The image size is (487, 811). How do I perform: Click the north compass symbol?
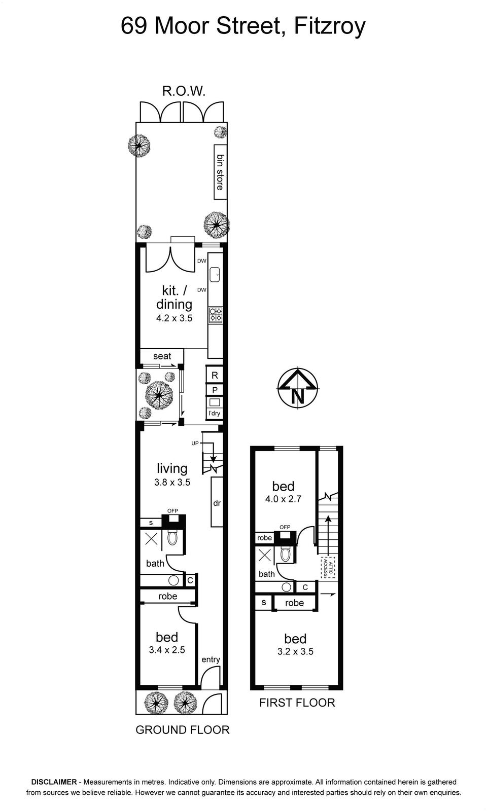coord(298,388)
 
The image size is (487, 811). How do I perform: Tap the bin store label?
coord(220,172)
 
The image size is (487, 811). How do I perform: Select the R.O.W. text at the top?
coord(184,91)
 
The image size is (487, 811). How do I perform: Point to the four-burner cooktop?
coord(216,315)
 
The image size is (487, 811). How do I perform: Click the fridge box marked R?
coord(215,375)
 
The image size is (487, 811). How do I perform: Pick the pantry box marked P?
coord(215,390)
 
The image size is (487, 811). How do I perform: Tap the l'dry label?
coord(214,413)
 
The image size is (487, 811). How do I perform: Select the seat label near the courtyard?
coord(162,356)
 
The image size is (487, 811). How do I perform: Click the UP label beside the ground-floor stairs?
coord(195,443)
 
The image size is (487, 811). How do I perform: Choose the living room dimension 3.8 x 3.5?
coord(172,482)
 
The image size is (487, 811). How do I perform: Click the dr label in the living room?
coord(217,503)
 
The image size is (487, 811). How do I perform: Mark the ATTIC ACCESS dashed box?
coord(328,567)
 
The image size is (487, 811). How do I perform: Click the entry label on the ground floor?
coord(211,659)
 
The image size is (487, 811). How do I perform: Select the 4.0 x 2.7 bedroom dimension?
coord(283,499)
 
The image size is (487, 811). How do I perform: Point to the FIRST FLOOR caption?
coord(297,703)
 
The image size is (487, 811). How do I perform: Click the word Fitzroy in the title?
coord(329,26)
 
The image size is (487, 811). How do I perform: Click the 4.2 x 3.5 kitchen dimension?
coord(175,318)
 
